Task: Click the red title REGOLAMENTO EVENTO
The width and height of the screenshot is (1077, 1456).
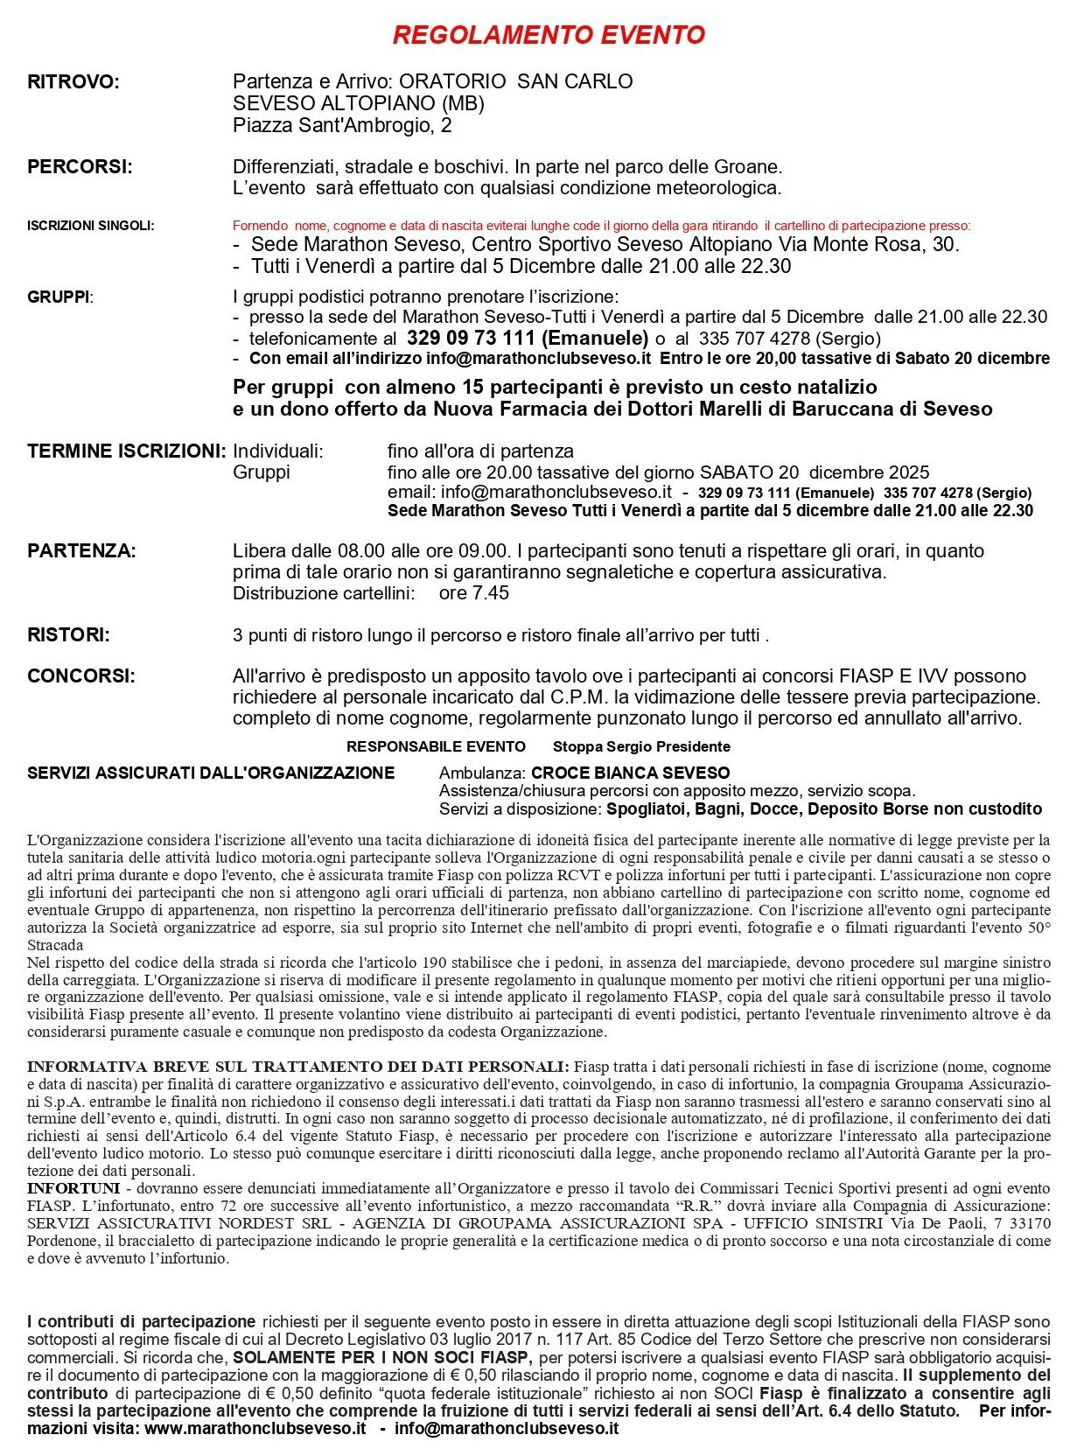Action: tap(549, 35)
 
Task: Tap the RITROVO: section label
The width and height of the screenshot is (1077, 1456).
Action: tap(73, 82)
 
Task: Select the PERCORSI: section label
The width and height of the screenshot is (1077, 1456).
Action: tap(80, 167)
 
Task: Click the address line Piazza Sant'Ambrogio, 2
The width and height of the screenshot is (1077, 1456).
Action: tap(342, 126)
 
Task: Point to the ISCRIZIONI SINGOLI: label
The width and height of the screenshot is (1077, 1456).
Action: tap(90, 226)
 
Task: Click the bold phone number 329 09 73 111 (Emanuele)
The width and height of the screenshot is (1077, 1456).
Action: tap(528, 339)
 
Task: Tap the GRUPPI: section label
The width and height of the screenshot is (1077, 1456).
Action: tap(59, 297)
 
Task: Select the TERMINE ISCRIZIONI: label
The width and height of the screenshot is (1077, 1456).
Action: tap(127, 451)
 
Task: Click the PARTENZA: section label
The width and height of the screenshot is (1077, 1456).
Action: tap(81, 551)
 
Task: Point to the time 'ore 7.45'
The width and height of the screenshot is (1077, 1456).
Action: tap(473, 593)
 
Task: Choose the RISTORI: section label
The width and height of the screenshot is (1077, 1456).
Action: tap(69, 635)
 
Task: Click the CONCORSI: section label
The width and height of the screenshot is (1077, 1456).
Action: tap(81, 676)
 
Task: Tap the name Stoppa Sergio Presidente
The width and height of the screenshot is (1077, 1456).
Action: tap(641, 746)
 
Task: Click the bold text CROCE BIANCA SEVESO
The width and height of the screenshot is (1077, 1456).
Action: tap(630, 773)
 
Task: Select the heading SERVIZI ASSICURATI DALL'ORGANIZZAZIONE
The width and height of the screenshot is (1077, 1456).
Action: tap(211, 773)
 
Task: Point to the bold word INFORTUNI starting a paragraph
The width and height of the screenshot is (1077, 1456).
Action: tap(73, 1188)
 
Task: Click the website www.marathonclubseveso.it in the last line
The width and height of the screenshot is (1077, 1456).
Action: tap(255, 1428)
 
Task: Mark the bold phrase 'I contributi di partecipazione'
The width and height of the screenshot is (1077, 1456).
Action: tap(142, 1322)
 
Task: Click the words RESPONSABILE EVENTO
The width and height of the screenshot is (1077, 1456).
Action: tap(436, 746)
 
